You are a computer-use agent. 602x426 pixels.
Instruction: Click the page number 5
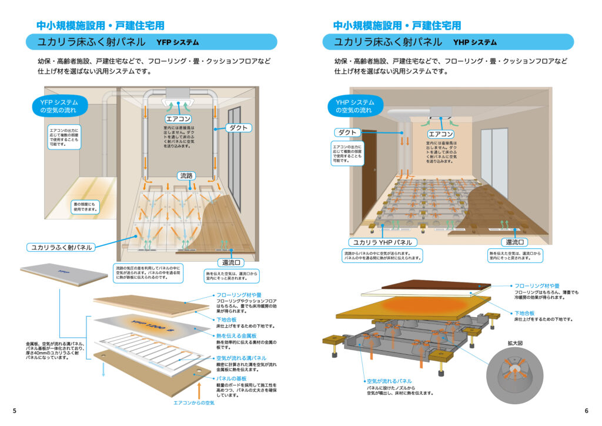point(14,411)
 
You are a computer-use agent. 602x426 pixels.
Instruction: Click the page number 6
point(586,411)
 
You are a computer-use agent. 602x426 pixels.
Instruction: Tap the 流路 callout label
point(187,175)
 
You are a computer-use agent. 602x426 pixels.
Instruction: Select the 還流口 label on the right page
point(514,242)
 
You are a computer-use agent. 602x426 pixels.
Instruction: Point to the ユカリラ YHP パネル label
point(383,242)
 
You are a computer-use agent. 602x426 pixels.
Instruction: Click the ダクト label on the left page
point(238,128)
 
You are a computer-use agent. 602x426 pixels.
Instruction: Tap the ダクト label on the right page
point(347,132)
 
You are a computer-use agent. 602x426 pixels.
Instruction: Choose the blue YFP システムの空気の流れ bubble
point(59,106)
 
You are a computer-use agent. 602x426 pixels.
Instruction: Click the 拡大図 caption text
point(516,342)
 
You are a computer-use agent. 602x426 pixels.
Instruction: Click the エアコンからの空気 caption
point(193,403)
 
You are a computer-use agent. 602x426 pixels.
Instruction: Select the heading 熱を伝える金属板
point(234,335)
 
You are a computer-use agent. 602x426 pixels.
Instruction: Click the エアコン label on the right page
point(440,134)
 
